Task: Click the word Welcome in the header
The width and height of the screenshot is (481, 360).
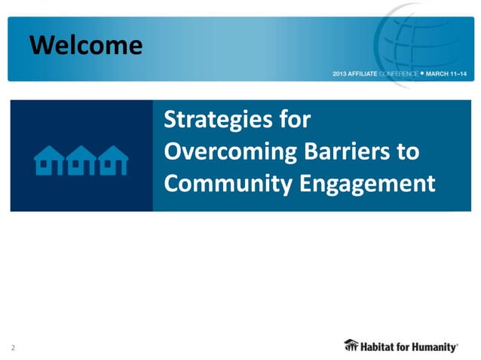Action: coord(86,46)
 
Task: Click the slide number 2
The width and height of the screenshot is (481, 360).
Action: coord(13,347)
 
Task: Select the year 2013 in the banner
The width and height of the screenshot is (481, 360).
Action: coord(340,75)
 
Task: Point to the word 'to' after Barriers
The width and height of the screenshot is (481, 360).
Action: coord(408,151)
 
